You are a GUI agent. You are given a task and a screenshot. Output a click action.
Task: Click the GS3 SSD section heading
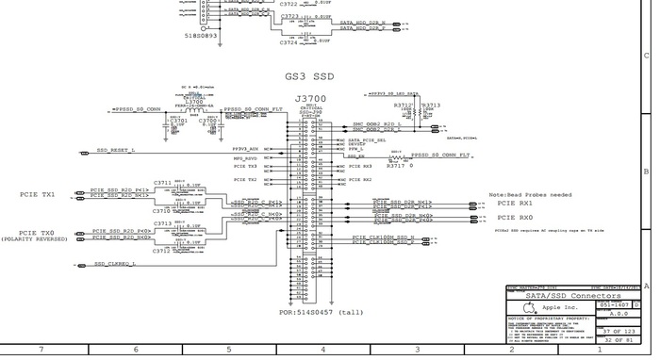309,75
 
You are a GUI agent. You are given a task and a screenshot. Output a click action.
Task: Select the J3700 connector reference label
310,98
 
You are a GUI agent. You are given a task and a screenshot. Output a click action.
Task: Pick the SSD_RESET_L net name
116,150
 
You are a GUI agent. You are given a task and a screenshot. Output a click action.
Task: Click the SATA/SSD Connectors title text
571,296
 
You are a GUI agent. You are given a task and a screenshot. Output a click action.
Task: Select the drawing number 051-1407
614,305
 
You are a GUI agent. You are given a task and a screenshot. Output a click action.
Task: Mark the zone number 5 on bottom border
229,349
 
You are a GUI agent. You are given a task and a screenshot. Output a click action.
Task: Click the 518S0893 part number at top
201,35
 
